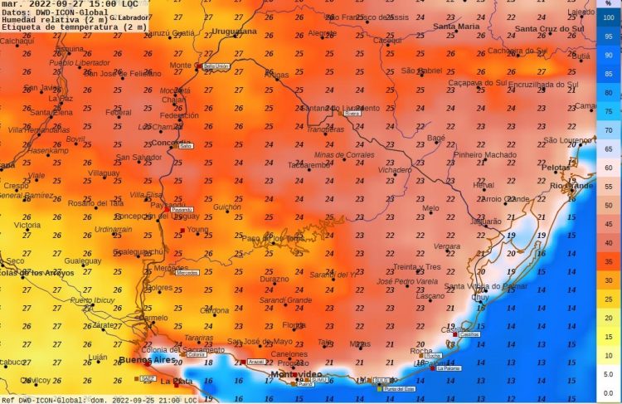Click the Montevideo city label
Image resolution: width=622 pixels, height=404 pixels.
(296, 374)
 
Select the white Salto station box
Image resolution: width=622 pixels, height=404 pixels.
(186, 145)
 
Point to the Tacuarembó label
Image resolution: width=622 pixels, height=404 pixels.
(309, 164)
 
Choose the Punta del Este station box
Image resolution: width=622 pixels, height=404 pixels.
(399, 388)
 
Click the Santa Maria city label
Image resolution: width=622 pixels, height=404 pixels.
(456, 27)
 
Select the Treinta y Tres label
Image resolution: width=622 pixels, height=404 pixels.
(417, 266)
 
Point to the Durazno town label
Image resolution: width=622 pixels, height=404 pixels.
(275, 280)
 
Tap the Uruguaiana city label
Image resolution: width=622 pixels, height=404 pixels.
(236, 31)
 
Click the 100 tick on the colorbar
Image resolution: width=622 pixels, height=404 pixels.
(609, 17)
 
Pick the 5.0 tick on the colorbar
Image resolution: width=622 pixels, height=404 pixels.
(609, 374)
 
